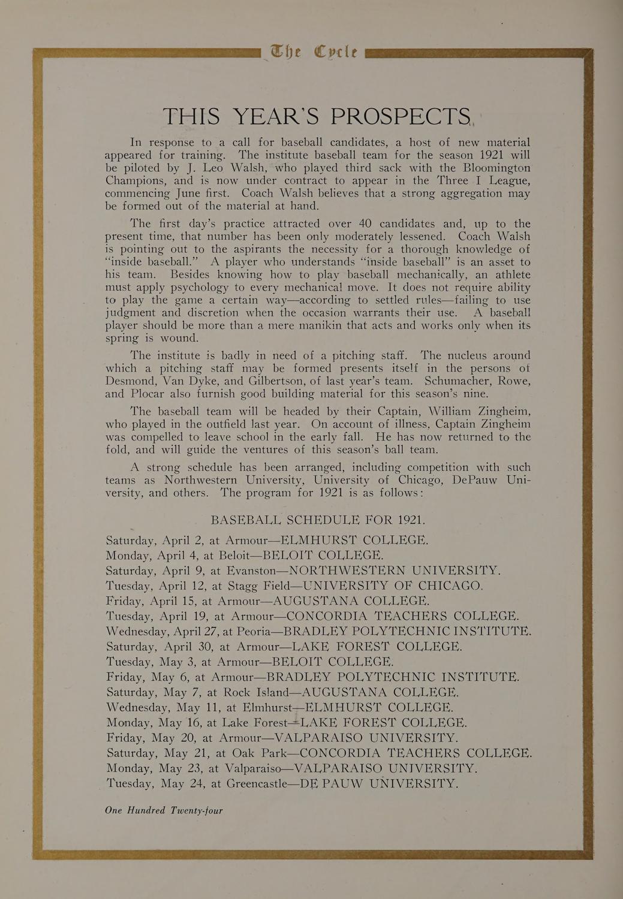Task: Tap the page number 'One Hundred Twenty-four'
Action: (164, 810)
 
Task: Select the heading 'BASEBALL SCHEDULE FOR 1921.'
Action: (318, 520)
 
